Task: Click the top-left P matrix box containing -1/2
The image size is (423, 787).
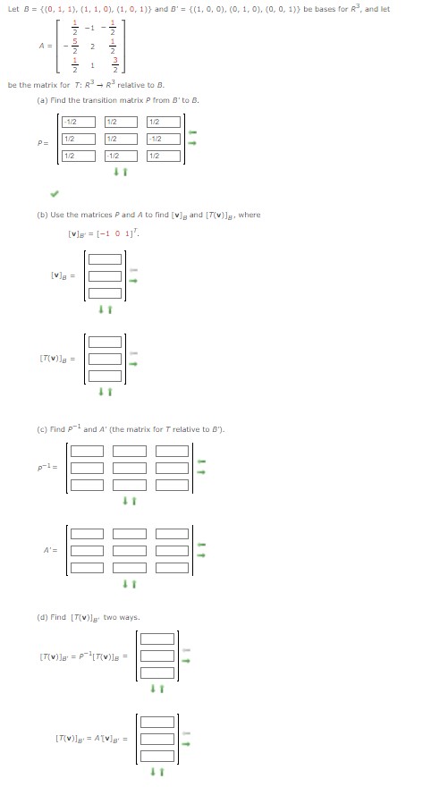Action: [x=79, y=122]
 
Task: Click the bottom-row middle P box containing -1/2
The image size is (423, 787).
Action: [x=121, y=156]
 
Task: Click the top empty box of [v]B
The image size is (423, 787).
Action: [x=105, y=259]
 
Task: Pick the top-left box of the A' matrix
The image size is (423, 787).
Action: [x=88, y=533]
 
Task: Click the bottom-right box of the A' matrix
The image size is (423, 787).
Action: [x=172, y=567]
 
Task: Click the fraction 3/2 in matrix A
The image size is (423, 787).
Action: [x=114, y=71]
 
